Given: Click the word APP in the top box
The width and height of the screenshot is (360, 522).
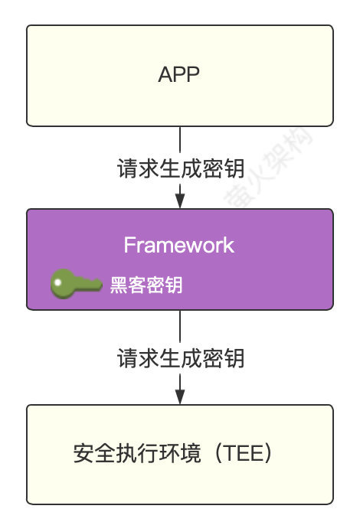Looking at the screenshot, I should click(x=179, y=75).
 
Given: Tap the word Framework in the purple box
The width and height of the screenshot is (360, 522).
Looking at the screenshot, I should click(x=179, y=246).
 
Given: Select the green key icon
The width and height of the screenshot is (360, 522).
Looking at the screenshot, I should click(x=76, y=285).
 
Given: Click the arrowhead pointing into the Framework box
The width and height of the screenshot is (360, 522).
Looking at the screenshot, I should click(x=180, y=201).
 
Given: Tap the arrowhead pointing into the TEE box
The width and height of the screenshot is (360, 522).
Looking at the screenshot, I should click(x=180, y=396).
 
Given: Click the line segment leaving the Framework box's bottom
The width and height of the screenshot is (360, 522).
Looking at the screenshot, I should click(x=180, y=327).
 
